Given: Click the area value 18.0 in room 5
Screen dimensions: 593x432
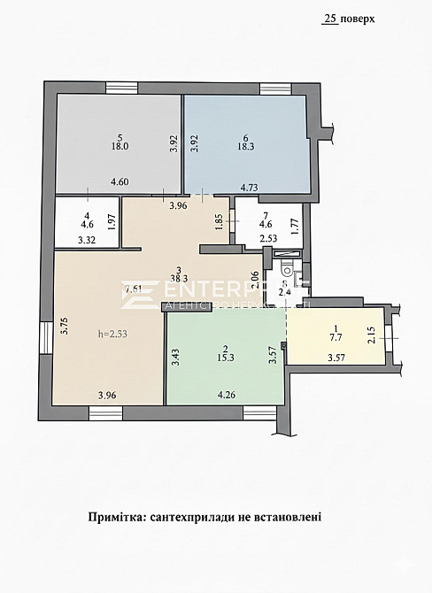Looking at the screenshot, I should (x=120, y=148).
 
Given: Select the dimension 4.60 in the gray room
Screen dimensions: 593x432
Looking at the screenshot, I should (x=120, y=182).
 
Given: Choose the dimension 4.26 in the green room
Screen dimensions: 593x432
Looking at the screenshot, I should (x=228, y=395).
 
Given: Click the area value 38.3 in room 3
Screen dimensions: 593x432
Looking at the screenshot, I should (x=179, y=277).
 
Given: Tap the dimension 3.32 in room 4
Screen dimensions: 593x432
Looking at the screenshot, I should (x=86, y=239).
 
